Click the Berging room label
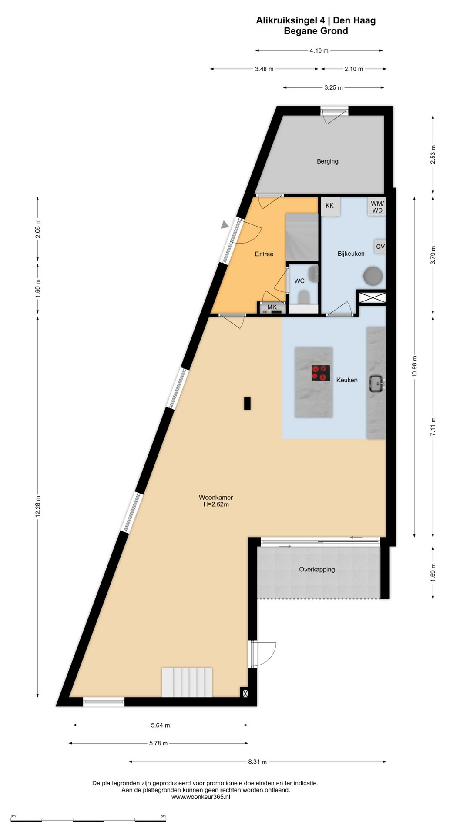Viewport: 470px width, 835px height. tap(327, 161)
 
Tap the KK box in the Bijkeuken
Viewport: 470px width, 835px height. tap(330, 206)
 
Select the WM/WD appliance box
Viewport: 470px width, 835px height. tap(377, 207)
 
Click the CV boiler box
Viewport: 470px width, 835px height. tap(380, 247)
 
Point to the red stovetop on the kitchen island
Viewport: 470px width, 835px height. tap(320, 373)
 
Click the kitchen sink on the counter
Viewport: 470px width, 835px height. tap(376, 383)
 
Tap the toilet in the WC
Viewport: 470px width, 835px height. tap(303, 297)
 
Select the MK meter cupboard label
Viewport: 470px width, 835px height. tap(272, 307)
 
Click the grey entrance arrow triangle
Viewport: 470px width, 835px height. tap(225, 224)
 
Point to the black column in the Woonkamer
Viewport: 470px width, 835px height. tap(247, 404)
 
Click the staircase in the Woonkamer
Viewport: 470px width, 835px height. tap(187, 682)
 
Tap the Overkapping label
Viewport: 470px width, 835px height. tap(317, 569)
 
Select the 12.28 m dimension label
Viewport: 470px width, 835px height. tap(38, 507)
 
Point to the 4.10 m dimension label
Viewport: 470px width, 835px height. tap(319, 50)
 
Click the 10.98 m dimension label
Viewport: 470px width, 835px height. tap(414, 366)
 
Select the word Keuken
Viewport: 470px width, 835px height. tap(347, 380)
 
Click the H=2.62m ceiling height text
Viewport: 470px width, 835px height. tap(216, 504)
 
